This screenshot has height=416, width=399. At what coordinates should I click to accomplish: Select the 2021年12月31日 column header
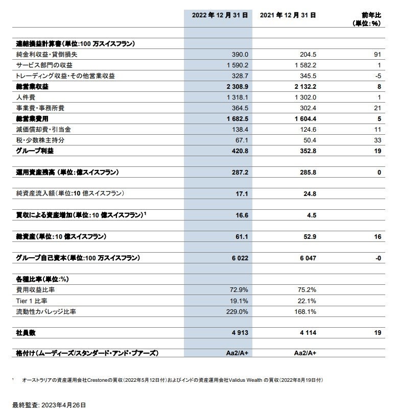point(288,15)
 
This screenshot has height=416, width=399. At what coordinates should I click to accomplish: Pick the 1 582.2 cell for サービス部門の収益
point(306,65)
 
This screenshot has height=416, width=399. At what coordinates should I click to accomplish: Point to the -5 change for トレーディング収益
point(378,76)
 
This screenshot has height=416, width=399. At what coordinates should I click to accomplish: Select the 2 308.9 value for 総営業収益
point(236,87)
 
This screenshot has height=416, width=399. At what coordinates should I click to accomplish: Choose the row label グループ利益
point(33,151)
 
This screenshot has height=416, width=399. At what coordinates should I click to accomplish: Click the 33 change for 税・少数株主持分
point(378,140)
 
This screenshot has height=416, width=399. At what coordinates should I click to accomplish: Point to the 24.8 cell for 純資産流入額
point(308,194)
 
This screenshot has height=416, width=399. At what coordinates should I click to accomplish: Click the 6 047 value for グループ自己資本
point(307,258)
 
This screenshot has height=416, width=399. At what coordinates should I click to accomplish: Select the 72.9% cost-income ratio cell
point(239,290)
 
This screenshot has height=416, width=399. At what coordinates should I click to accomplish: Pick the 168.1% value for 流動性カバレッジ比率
point(306,311)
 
